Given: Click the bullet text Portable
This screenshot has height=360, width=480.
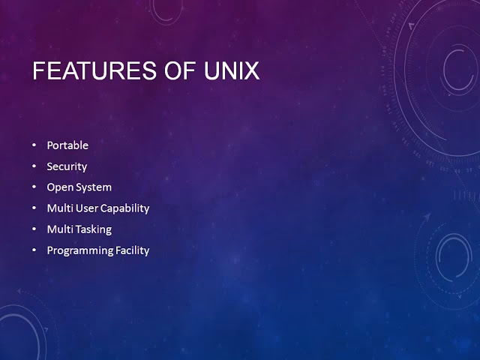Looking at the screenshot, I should tap(67, 145).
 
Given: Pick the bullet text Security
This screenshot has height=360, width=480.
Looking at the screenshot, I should tap(67, 166).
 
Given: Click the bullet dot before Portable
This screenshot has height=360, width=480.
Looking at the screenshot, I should tap(34, 145).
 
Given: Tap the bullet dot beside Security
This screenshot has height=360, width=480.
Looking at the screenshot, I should tap(34, 166).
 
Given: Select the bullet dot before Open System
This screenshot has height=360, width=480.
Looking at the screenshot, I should tap(34, 187).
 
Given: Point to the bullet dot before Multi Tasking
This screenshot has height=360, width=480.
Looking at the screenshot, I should tap(34, 229).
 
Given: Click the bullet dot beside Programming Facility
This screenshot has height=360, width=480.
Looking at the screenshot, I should tap(34, 250).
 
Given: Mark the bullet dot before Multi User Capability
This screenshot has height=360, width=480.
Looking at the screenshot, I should tap(34, 208).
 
